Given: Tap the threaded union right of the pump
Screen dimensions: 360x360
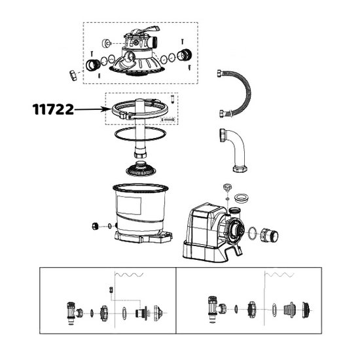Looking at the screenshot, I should (x=270, y=232).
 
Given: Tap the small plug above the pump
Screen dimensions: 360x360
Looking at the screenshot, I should (x=227, y=189).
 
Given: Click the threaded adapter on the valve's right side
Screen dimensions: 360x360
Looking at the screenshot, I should (x=185, y=55).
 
